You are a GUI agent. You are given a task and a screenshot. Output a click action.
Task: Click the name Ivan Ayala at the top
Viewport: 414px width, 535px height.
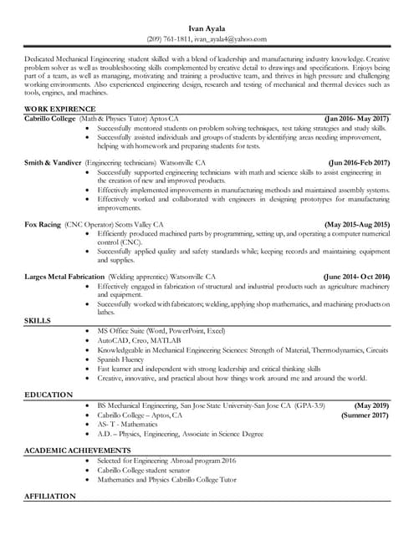207,28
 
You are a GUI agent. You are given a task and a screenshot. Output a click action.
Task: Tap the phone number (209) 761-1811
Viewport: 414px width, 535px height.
169,38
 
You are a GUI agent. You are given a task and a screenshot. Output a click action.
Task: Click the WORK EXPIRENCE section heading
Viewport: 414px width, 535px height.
60,110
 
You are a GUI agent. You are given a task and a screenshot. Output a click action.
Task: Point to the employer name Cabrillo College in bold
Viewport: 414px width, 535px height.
49,119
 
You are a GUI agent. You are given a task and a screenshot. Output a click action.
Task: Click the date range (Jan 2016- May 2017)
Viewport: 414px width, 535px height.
356,119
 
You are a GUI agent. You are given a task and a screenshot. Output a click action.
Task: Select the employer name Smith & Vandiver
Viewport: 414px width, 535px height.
53,162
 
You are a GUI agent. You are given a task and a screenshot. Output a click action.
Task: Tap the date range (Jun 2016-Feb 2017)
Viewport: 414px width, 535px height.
359,162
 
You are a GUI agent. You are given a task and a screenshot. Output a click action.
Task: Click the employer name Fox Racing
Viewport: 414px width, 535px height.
43,224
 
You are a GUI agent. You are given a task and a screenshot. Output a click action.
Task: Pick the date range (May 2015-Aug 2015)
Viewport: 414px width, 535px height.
356,224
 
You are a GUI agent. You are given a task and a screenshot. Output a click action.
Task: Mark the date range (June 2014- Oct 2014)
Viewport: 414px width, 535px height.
356,276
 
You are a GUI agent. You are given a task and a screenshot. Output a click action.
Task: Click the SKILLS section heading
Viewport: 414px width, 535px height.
37,321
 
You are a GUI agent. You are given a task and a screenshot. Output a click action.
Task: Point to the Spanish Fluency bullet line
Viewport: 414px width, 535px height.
120,359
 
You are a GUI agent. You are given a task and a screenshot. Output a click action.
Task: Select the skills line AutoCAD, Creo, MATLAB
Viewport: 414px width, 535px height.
138,341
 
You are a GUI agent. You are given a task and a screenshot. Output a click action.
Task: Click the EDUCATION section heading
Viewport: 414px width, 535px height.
49,395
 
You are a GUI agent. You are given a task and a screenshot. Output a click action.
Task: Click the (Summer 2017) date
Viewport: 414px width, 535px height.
365,415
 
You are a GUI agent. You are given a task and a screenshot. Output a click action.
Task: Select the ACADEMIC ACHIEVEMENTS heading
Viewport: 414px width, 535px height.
77,451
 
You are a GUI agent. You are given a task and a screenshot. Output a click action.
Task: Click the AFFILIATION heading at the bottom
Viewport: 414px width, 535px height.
50,497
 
